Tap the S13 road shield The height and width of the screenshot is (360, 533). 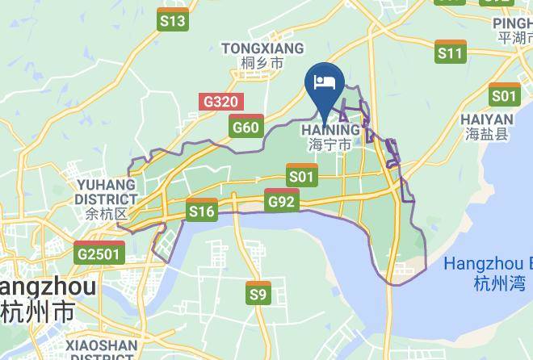click(x=173, y=21)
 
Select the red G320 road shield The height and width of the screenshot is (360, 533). click(x=220, y=102)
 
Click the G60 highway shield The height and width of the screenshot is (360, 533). click(x=246, y=126)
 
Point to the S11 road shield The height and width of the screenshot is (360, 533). click(x=450, y=52)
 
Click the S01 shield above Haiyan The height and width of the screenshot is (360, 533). click(x=504, y=95)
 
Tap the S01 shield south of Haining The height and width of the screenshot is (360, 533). click(x=301, y=174)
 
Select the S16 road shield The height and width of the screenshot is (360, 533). click(x=201, y=211)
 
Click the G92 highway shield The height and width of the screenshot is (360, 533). click(x=282, y=200)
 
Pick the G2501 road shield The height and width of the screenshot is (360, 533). click(x=99, y=253)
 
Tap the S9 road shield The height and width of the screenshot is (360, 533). click(x=258, y=293)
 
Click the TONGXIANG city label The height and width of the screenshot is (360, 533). click(x=262, y=48)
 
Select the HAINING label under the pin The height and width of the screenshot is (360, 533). click(x=330, y=130)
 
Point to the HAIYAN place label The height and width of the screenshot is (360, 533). click(x=488, y=118)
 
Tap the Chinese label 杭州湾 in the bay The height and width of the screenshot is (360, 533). click(x=500, y=283)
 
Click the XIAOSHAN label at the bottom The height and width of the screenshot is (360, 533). click(x=102, y=345)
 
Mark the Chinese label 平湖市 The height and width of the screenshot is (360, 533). click(x=514, y=38)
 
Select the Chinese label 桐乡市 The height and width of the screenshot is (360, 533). click(x=262, y=63)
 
